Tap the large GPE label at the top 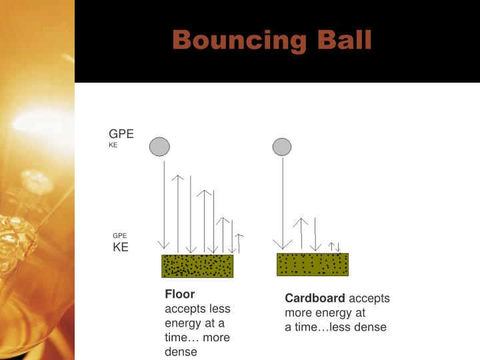coord(121,134)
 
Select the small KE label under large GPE coord(113,145)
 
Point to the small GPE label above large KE coord(119,235)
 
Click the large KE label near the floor coord(120,247)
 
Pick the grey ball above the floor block coord(159,147)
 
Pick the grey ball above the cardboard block coord(282,147)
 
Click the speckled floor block coord(197,266)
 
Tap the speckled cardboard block coord(313,264)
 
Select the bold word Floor coord(179,294)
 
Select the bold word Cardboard coord(315,298)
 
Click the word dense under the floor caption coord(181,352)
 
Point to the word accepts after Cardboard coord(369,298)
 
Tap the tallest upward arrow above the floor coord(177,213)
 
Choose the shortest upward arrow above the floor coord(239,244)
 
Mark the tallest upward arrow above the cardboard coord(301,233)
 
